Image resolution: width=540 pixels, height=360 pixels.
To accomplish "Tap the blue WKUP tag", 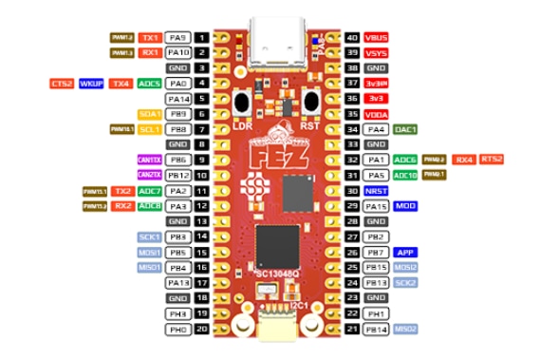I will [92, 84].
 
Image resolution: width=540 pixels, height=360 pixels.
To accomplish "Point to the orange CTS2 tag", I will [63, 84].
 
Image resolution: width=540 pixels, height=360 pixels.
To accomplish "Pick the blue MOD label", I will [406, 205].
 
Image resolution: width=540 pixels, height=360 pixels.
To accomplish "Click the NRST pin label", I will [376, 190].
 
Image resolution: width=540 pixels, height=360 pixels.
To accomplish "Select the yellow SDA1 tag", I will [149, 114].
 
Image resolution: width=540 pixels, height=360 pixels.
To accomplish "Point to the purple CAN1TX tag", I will [149, 160].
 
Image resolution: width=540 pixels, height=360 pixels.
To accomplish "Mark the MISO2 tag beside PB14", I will [406, 328].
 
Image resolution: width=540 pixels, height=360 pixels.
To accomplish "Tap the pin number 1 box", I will [202, 37].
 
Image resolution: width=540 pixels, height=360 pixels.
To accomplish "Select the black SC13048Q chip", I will [277, 245].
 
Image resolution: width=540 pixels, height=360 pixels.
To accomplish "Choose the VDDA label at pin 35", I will [376, 114].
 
